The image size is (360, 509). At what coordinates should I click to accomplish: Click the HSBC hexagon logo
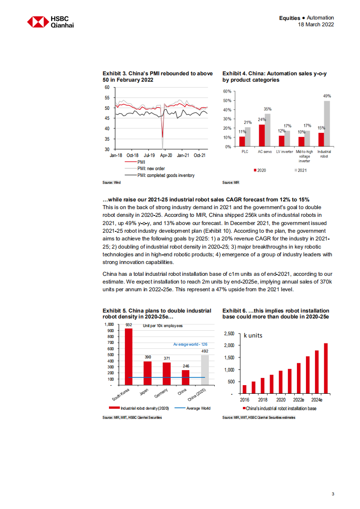coord(37,22)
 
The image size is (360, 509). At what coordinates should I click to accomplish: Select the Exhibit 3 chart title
coord(157,77)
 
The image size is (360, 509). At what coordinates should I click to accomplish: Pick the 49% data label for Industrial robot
coord(327,96)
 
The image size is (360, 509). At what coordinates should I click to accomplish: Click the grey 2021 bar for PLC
coord(247,137)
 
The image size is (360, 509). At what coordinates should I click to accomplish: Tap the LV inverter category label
coord(284,152)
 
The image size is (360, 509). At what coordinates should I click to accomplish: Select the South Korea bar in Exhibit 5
coord(129,356)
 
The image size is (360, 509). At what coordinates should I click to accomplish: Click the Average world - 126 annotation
coord(190,344)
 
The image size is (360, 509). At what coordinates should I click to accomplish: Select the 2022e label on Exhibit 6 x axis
coord(298,401)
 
